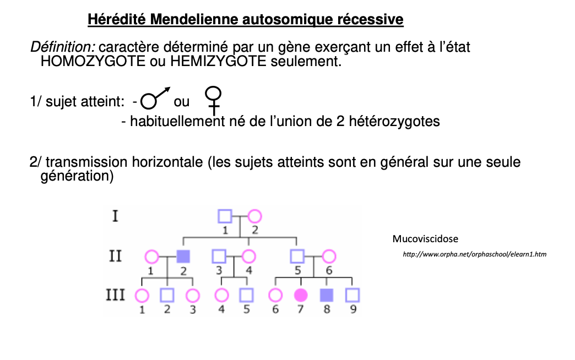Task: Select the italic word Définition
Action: pyautogui.click(x=62, y=47)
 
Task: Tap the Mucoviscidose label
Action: pyautogui.click(x=425, y=239)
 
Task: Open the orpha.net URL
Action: pyautogui.click(x=475, y=254)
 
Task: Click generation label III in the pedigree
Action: pyautogui.click(x=115, y=296)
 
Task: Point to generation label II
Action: pyautogui.click(x=115, y=256)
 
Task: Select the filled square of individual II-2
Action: pyautogui.click(x=183, y=256)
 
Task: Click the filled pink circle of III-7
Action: pyautogui.click(x=301, y=296)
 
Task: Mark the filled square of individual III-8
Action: pyautogui.click(x=327, y=296)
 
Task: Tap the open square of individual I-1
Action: pyautogui.click(x=225, y=216)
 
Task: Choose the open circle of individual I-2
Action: pyautogui.click(x=254, y=216)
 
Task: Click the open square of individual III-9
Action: pyautogui.click(x=352, y=296)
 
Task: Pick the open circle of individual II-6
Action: pyautogui.click(x=329, y=256)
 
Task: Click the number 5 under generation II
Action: pyautogui.click(x=297, y=270)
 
